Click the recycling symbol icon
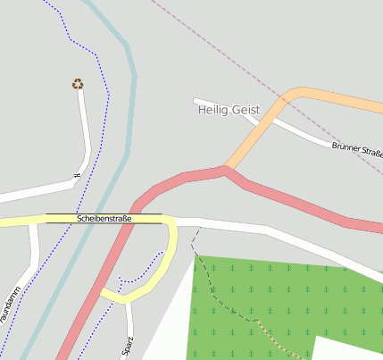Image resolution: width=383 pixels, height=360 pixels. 78,84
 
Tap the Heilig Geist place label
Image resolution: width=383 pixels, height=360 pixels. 228,109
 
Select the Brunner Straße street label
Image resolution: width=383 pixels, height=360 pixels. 356,149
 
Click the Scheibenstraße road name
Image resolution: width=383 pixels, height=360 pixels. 104,218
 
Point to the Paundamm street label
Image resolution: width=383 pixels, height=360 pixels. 9,305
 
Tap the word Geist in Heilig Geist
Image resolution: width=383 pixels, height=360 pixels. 244,109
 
